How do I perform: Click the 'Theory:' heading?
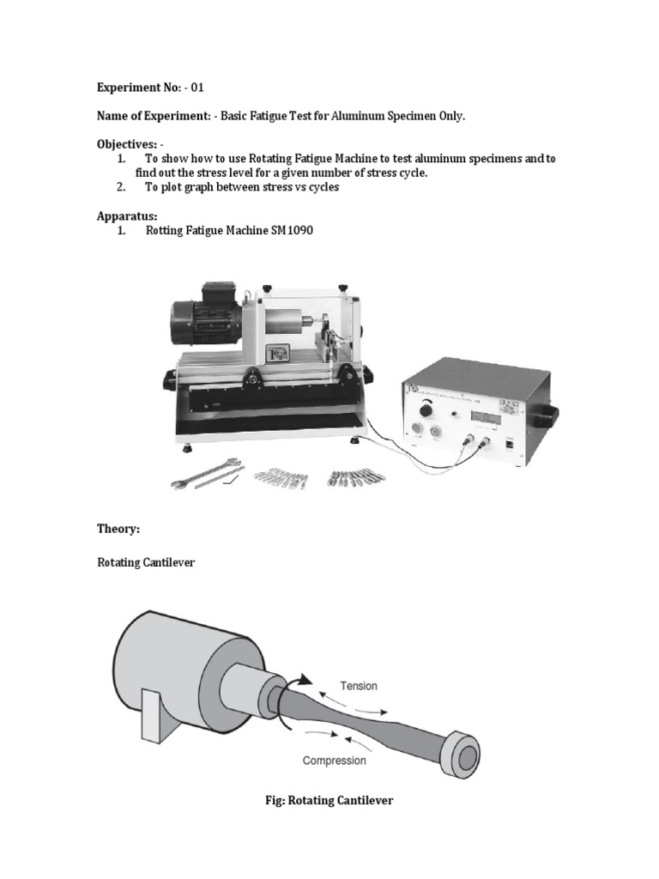pyautogui.click(x=118, y=530)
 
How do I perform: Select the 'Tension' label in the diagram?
pyautogui.click(x=359, y=686)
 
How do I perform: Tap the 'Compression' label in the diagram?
pyautogui.click(x=334, y=761)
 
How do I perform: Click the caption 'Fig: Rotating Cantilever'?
pyautogui.click(x=329, y=800)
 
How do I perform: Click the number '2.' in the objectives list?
pyautogui.click(x=122, y=187)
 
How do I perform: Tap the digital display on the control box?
pyautogui.click(x=485, y=415)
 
